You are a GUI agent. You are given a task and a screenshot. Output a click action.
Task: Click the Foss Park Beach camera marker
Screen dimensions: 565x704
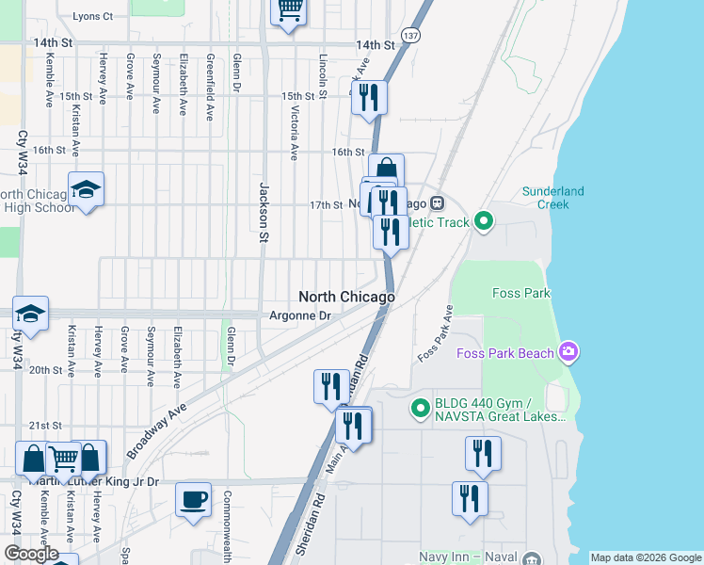pos(568,353)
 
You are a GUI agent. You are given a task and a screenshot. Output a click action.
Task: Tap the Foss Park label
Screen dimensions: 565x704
pos(520,294)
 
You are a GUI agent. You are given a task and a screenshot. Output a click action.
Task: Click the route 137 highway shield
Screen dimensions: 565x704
pos(409,35)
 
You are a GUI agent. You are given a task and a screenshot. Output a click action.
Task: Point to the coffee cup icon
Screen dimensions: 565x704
pos(194,499)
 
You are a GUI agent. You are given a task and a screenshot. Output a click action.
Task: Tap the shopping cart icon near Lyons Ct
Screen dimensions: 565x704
pos(289,10)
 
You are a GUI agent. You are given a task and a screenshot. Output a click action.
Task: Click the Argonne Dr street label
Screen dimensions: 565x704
pos(300,316)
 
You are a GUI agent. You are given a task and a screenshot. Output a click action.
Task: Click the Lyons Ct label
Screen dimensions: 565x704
pos(92,17)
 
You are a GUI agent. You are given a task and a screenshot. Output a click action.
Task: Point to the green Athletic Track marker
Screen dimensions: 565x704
pos(484,222)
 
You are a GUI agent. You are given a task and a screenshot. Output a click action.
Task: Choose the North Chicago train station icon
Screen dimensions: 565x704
pos(437,203)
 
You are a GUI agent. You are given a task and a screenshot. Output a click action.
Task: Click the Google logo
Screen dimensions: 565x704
pos(31,554)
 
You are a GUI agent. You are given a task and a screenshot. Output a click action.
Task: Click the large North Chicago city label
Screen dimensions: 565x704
pos(347,297)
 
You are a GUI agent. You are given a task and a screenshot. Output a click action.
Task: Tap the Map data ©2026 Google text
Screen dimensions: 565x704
pos(646,557)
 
